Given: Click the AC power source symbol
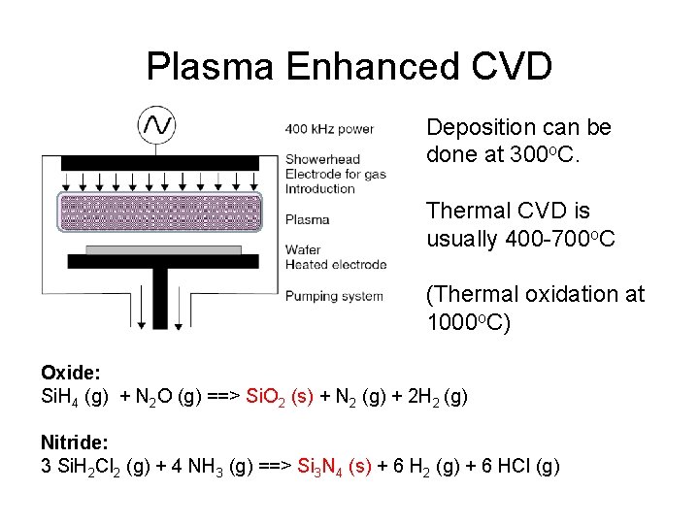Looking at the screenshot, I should pos(157,123).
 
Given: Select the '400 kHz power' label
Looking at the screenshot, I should pos(329,129).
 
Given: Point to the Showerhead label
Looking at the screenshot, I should pos(322,159).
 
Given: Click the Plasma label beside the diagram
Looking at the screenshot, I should pos(308,219).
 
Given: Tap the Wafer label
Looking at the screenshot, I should pos(303,249).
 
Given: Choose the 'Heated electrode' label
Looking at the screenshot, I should pos(336,264).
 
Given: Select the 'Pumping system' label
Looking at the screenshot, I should pos(334,296).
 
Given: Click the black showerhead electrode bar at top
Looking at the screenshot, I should pos(160,162).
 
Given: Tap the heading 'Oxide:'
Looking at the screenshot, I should pos(71,373).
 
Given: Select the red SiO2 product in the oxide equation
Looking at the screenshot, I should pos(280,396).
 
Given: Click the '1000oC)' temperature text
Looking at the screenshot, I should pos(469,322).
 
